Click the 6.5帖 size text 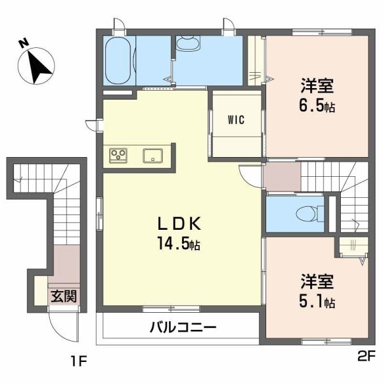(317, 106)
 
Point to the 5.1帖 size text (317, 301)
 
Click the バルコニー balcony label (183, 328)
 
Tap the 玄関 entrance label (64, 296)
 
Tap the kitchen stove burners (119, 155)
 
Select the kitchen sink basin (154, 155)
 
